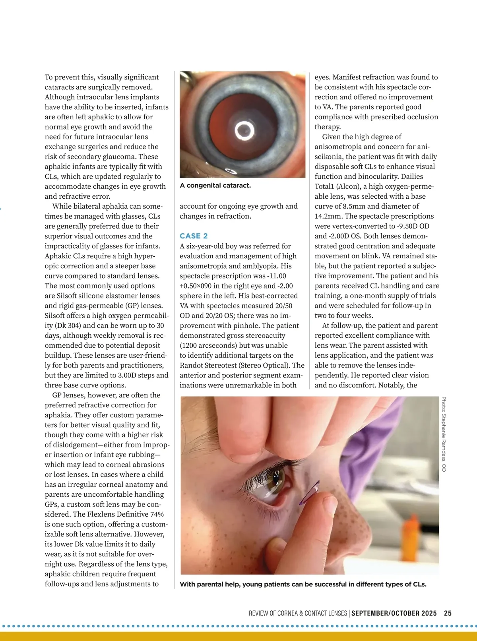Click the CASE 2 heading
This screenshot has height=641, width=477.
point(194,236)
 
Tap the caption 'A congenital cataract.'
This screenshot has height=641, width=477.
point(215,185)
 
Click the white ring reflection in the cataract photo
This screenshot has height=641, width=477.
point(243,130)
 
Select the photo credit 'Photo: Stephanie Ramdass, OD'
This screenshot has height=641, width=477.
point(444,434)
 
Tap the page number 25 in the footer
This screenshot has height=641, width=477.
point(448,613)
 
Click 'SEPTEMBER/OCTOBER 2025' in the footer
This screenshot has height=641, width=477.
point(394,613)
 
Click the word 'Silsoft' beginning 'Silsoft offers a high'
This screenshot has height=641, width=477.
point(57,316)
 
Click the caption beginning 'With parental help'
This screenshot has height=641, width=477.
point(303,584)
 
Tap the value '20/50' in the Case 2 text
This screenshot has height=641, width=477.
point(283,306)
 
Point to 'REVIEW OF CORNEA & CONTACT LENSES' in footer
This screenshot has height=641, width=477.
point(298,613)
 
